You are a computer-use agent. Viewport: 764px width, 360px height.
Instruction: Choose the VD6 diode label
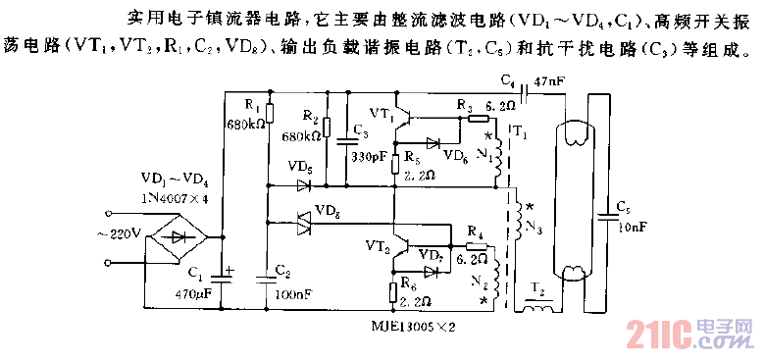pos(454,155)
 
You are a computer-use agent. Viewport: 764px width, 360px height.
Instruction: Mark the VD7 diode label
pos(430,255)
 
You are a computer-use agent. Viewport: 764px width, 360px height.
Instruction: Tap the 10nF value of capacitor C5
pos(633,227)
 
